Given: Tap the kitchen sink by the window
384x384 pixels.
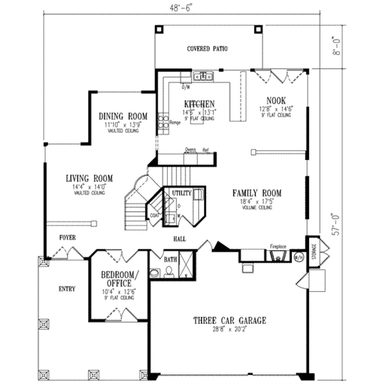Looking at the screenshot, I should click(203, 77).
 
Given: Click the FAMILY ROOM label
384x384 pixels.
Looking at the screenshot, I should click(256, 193).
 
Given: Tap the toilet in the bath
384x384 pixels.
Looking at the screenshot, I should click(169, 271).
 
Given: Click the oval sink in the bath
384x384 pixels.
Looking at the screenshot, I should click(154, 273).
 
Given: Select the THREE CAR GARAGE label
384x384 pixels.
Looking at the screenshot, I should click(229, 321).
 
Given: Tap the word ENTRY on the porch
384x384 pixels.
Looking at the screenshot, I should click(67, 289).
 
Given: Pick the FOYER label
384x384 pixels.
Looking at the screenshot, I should click(67, 237).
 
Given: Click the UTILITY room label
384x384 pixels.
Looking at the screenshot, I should click(181, 193).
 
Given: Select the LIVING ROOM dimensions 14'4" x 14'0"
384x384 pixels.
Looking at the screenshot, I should click(89, 186).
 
